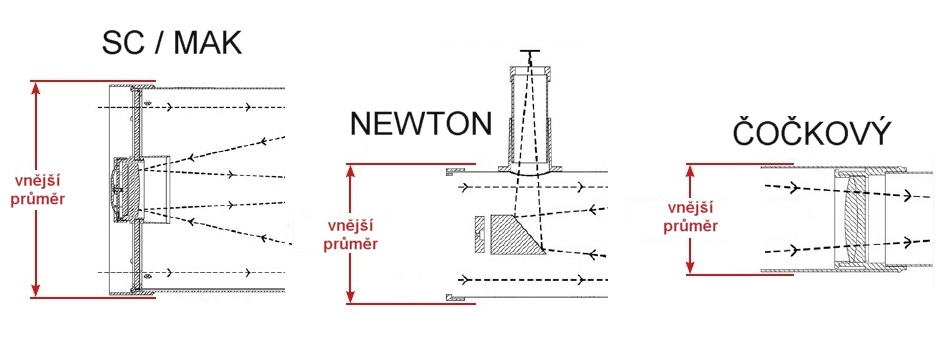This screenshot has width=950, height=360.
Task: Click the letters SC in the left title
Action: pyautogui.click(x=121, y=43)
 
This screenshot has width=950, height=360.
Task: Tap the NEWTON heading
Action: pyautogui.click(x=420, y=124)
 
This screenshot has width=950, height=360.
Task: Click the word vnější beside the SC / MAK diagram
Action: pyautogui.click(x=37, y=182)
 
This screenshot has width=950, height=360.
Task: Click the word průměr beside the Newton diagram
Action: pyautogui.click(x=351, y=244)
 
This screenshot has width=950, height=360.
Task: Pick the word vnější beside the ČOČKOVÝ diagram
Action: pyautogui.click(x=690, y=208)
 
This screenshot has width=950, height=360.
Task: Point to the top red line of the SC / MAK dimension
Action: pyautogui.click(x=92, y=81)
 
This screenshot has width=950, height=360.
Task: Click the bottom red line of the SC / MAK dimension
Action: pyautogui.click(x=92, y=298)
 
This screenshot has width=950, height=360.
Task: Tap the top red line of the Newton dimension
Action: pyautogui.click(x=411, y=164)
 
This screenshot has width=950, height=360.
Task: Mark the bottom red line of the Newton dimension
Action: pyautogui.click(x=411, y=302)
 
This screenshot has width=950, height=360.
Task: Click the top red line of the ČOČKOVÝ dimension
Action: pyautogui.click(x=739, y=164)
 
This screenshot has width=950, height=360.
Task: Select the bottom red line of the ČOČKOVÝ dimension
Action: pyautogui.click(x=739, y=275)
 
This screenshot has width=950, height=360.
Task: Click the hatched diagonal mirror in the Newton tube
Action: pyautogui.click(x=515, y=235)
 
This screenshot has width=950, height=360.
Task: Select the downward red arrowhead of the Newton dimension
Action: pyautogui.click(x=351, y=295)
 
